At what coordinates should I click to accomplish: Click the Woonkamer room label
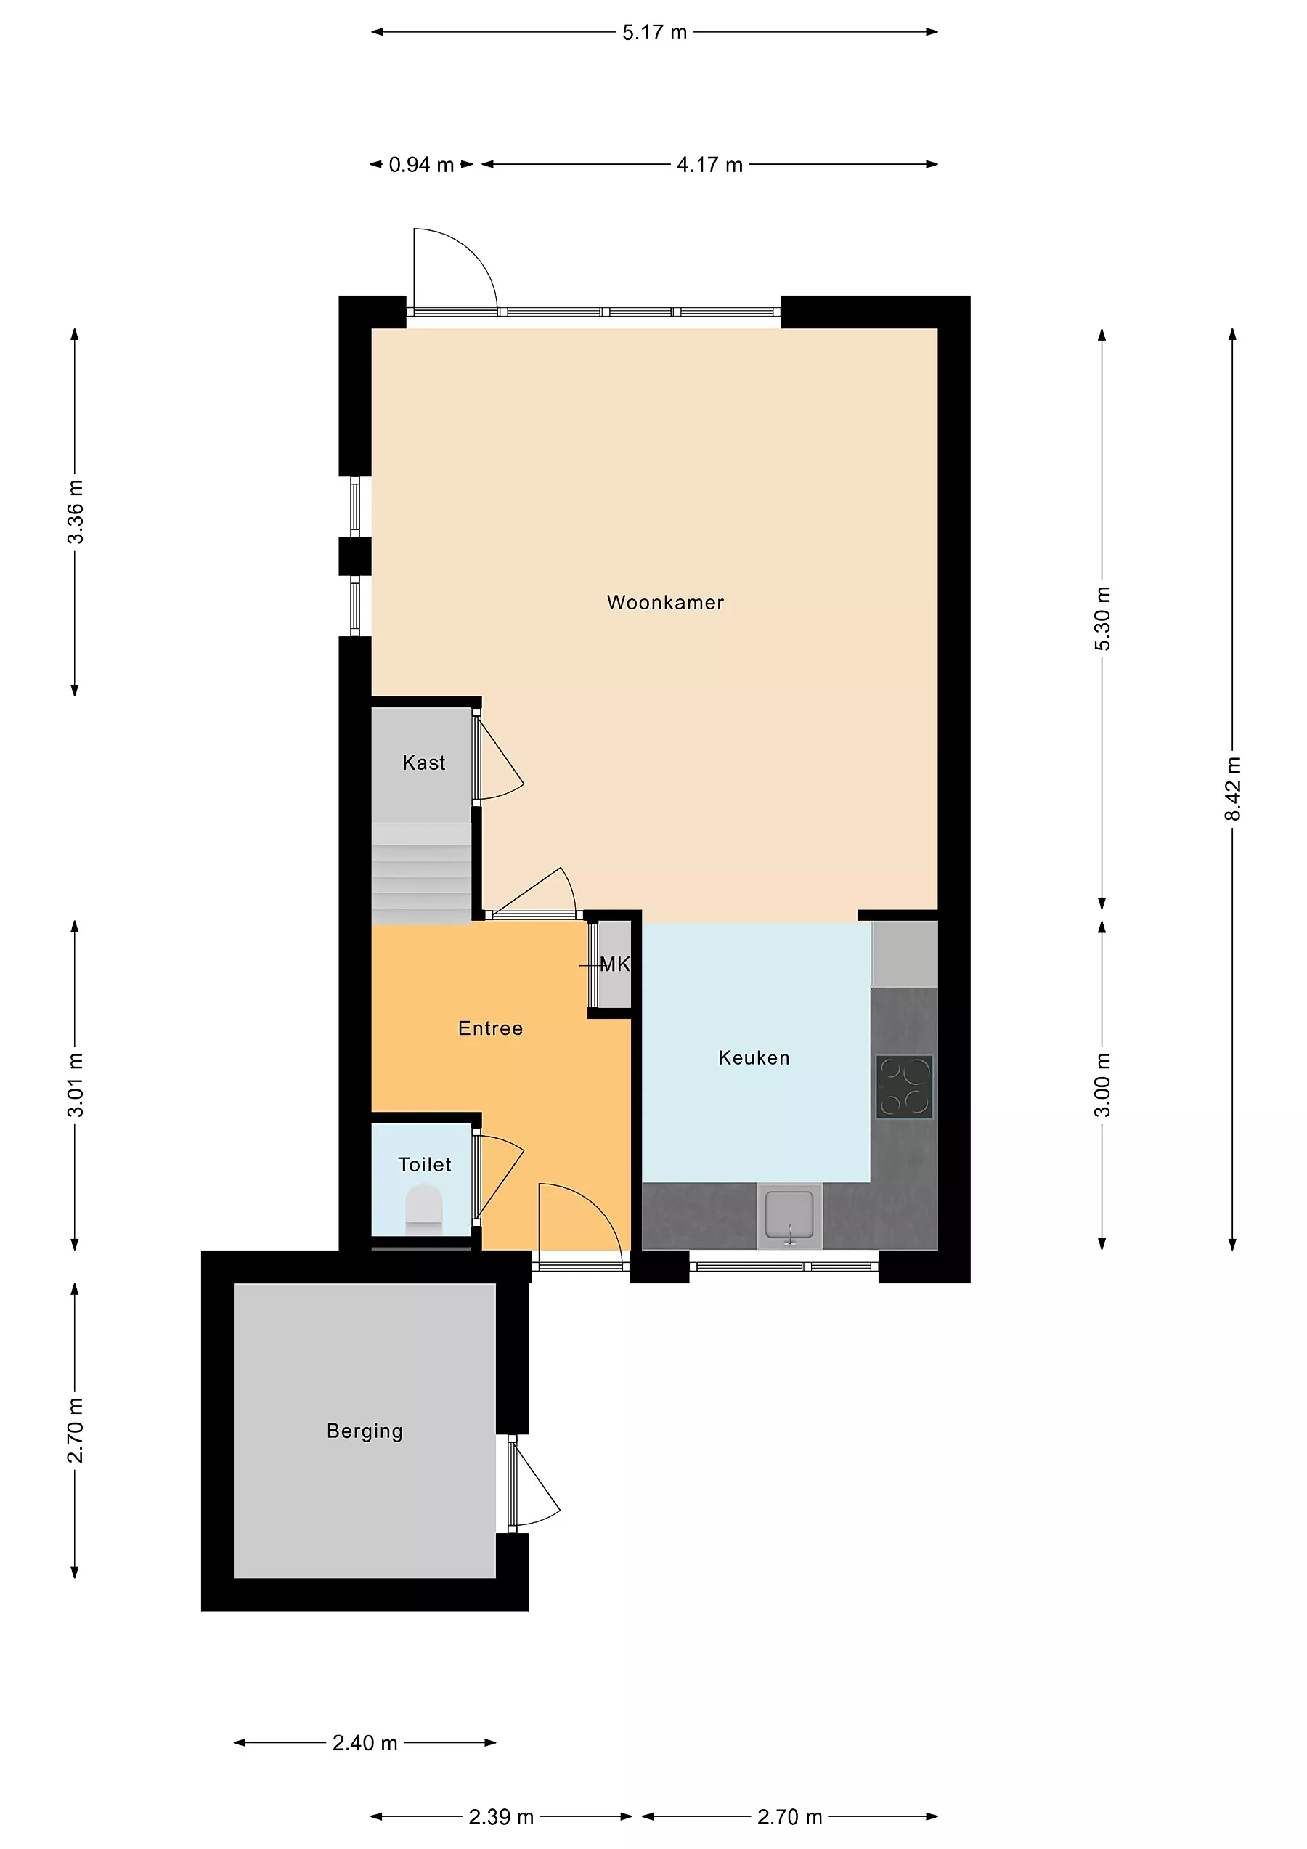pos(665,602)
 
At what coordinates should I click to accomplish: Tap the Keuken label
pos(754,1057)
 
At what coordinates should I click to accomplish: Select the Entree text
pos(490,1028)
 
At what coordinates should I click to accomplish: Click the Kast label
pos(423,763)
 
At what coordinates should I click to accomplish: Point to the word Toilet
pos(424,1164)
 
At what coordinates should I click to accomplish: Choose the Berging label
pos(365,1431)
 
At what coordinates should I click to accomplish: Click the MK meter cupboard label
pos(614,964)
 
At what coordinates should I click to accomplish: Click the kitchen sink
pos(789,1215)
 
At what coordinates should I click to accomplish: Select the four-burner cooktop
pos(904,1086)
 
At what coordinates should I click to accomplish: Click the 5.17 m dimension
pos(654,32)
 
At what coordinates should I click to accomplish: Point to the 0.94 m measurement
pos(421,164)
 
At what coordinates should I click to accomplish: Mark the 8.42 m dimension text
pos(1232,789)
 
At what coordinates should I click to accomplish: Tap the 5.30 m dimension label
pos(1102,619)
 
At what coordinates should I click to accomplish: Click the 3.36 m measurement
pos(75,512)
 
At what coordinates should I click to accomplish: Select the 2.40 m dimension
pos(365,1743)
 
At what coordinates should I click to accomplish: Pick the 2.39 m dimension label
pos(501,1817)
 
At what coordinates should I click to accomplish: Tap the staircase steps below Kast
pos(421,874)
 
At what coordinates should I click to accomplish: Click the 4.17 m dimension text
pos(709,164)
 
